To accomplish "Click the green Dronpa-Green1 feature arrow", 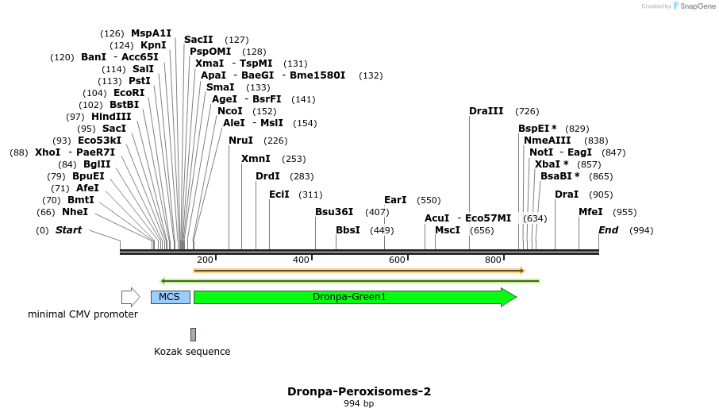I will click(349, 297).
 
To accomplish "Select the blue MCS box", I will click(170, 297).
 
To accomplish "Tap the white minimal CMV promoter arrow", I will click(130, 297).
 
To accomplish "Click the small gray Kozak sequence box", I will click(193, 334).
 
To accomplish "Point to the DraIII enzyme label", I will click(486, 111).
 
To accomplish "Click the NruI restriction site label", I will click(241, 141).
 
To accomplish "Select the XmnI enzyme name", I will click(256, 159).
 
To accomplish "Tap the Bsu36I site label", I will click(334, 212).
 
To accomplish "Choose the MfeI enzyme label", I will click(590, 212).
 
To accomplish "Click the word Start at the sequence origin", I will click(68, 230).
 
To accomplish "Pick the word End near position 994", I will click(608, 230).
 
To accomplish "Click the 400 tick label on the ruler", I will click(301, 260).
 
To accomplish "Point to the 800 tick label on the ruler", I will click(493, 260).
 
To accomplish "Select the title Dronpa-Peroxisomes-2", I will click(359, 391).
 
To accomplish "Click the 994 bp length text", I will click(359, 404).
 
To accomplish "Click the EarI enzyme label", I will click(395, 200).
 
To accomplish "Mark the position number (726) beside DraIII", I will click(527, 111).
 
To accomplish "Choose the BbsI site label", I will click(348, 230).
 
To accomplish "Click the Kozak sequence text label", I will click(192, 352).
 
